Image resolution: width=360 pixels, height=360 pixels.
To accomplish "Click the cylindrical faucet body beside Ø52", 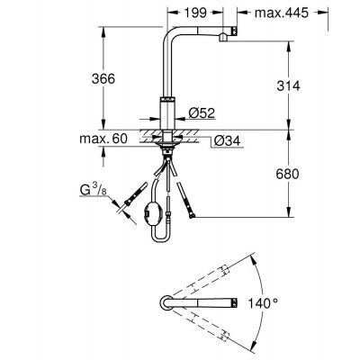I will coord(167,113).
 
